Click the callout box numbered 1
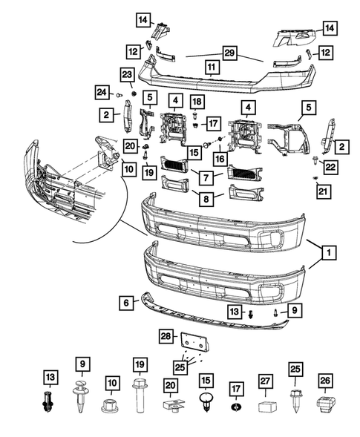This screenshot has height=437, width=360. click(x=329, y=252)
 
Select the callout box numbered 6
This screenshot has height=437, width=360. click(x=126, y=303)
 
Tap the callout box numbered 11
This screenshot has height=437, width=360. click(x=212, y=67)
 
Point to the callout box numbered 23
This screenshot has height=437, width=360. click(x=127, y=75)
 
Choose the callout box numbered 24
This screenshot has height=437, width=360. click(x=102, y=92)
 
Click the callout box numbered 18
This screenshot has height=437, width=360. click(x=197, y=102)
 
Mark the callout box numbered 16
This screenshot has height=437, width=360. click(x=220, y=159)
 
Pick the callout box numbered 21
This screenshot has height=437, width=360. click(x=323, y=191)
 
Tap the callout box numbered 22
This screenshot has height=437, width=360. click(x=330, y=167)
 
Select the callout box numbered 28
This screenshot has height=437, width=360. click(x=166, y=336)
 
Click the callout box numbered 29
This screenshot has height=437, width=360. click(x=229, y=53)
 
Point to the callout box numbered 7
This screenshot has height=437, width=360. click(x=206, y=177)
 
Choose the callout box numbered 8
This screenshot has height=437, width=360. click(x=206, y=199)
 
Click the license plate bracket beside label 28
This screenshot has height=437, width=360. click(x=195, y=342)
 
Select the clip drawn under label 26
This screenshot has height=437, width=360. click(x=326, y=404)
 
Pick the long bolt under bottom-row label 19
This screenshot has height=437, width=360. click(x=140, y=395)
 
